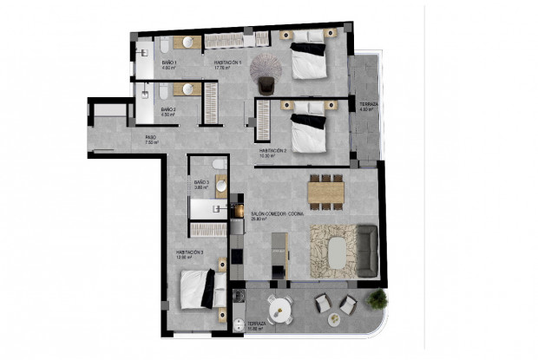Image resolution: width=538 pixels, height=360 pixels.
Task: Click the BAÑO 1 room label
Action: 169,62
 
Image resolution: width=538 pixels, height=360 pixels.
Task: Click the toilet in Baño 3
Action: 220,165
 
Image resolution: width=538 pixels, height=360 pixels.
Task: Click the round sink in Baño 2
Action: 187,88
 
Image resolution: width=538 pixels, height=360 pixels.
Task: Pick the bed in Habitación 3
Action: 205,288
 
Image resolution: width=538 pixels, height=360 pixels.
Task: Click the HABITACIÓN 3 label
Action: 188,252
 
